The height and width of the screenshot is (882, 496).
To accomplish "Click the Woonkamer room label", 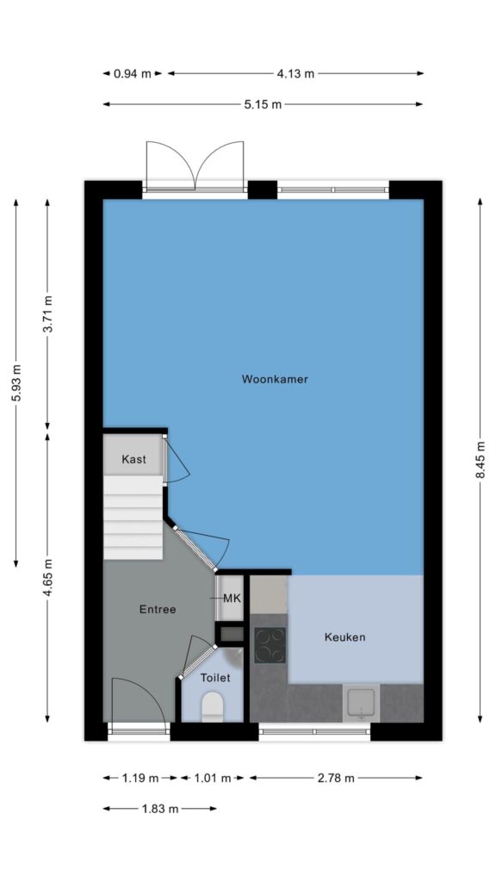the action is click(275, 379).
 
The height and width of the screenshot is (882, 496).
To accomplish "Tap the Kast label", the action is click(133, 459).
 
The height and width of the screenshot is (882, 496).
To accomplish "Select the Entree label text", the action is click(158, 609).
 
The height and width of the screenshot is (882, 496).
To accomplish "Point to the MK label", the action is click(232, 599).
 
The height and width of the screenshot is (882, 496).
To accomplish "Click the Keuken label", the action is click(344, 637).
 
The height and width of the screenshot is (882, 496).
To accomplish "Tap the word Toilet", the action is click(215, 679).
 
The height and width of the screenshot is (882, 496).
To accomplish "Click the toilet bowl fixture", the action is click(213, 706).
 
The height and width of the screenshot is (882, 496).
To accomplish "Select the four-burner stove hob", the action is click(270, 645).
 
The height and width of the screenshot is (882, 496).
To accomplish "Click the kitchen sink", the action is click(361, 703).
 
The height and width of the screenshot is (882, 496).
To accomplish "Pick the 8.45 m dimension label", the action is click(480, 460).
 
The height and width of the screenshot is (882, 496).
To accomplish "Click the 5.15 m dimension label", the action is click(263, 104).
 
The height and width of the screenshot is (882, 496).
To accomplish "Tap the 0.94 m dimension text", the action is click(133, 74).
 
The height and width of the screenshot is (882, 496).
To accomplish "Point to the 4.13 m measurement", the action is click(295, 74).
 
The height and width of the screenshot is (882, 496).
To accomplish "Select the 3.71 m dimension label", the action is click(47, 314).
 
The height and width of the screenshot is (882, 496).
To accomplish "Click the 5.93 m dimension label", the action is click(15, 382).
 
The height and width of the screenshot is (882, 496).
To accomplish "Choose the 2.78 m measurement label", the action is click(336, 779).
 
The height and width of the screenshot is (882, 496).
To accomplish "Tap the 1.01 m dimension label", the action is click(212, 779).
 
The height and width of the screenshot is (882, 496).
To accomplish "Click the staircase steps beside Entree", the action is click(133, 518).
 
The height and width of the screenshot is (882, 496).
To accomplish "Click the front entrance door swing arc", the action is click(149, 689).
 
